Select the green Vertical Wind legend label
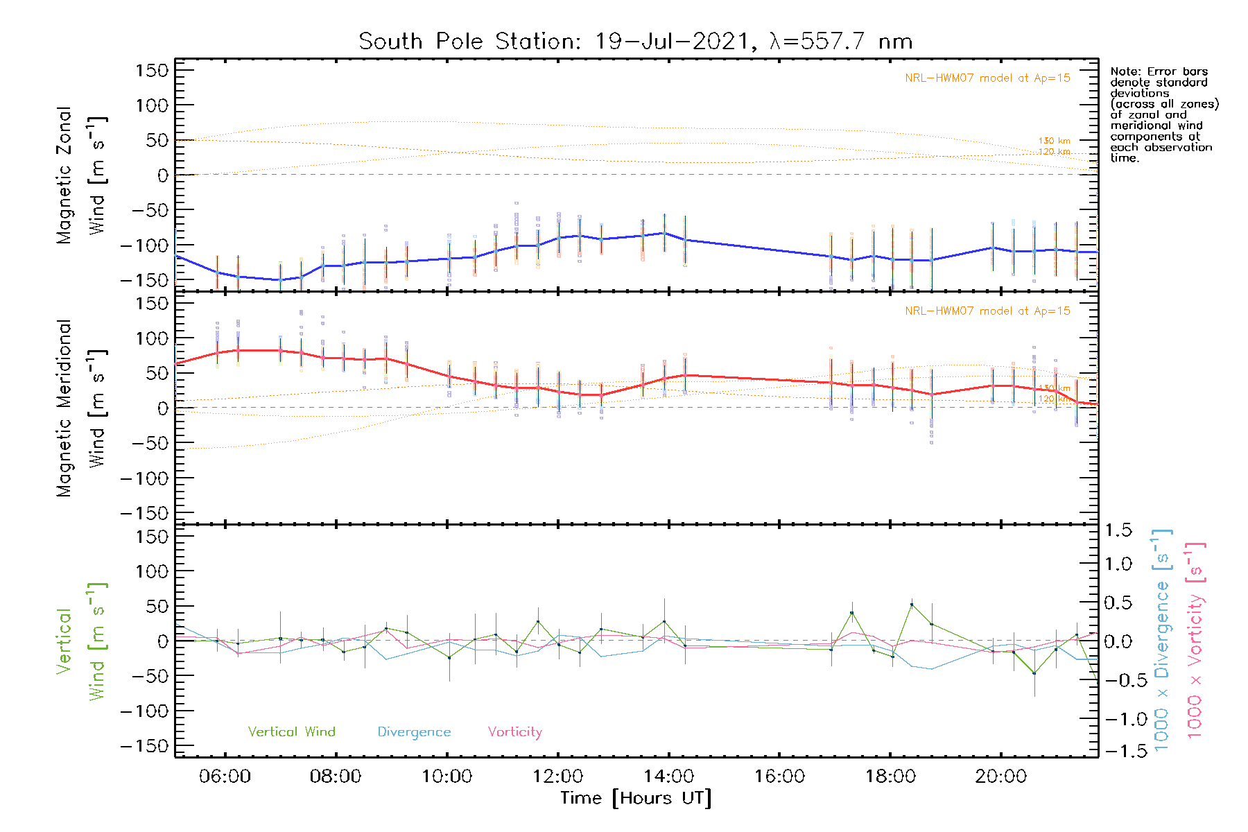291,731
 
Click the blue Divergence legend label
414,731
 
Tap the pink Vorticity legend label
514,731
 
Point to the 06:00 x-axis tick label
225,776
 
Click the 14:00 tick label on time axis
668,776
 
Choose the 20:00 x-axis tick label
1000,776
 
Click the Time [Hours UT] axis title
636,798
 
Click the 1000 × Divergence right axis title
1162,640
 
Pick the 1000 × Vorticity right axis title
1195,640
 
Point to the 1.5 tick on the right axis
1118,530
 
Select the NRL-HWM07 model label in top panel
987,78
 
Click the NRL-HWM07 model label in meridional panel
987,311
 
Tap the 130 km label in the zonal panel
1054,141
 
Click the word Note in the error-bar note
1123,71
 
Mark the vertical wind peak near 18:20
912,605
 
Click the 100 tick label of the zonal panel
152,105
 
